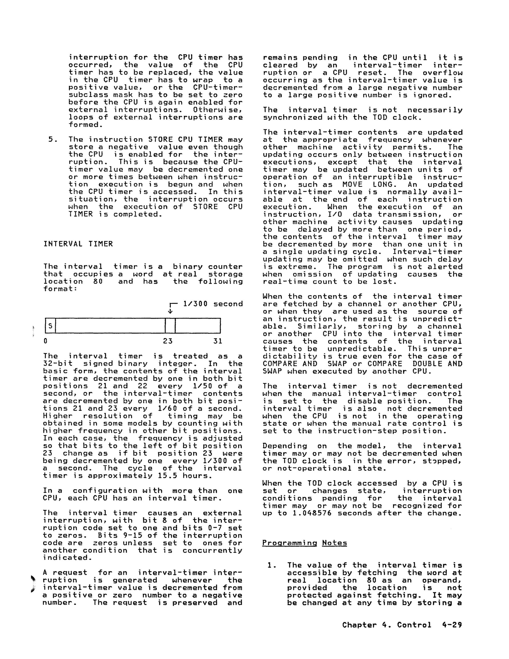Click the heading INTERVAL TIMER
tap(78, 244)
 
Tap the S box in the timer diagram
tap(51, 326)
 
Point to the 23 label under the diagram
tap(167, 341)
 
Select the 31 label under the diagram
tap(217, 341)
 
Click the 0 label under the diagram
tap(45, 341)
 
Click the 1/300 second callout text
tap(213, 304)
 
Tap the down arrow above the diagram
tap(170, 311)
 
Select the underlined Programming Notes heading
tap(304, 543)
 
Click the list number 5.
tap(53, 139)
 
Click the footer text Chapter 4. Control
tap(387, 625)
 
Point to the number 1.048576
tap(313, 513)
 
